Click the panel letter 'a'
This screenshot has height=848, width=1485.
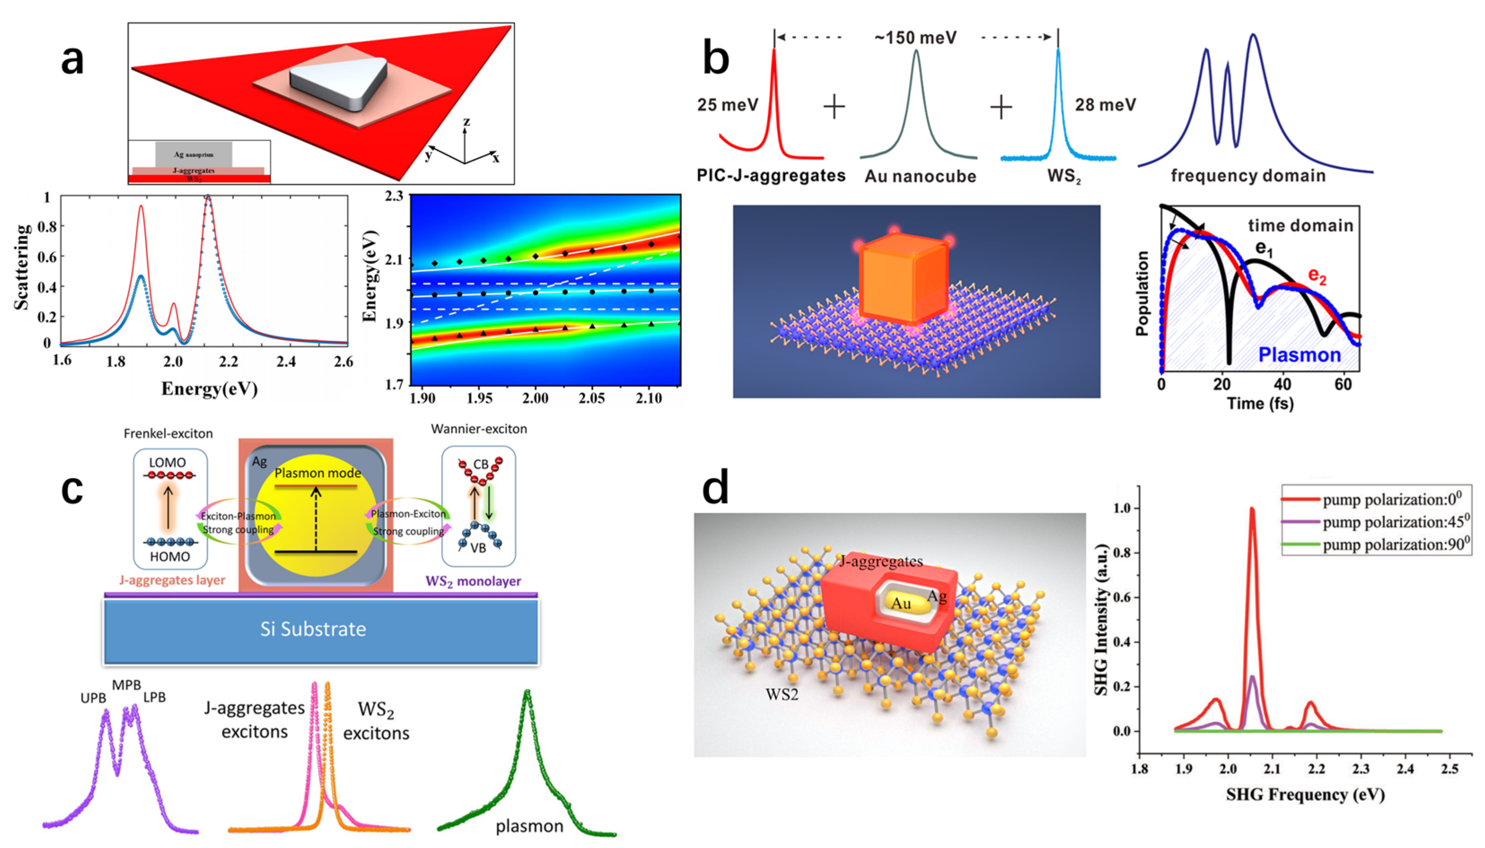[x=72, y=61]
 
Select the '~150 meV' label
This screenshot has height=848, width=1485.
[x=915, y=38]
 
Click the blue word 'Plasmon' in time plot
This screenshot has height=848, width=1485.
[x=1299, y=354]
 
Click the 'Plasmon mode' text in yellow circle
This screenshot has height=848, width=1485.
[x=318, y=473]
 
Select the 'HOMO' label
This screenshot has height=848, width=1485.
[x=170, y=556]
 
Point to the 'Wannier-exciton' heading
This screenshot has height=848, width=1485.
[x=478, y=429]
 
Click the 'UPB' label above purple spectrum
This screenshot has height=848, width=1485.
[x=93, y=698]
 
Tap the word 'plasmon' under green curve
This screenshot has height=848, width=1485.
[x=529, y=826]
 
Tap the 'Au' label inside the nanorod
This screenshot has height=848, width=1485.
[x=901, y=603]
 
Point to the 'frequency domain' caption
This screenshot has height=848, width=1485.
[x=1248, y=175]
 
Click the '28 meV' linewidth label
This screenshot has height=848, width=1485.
[x=1105, y=105]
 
